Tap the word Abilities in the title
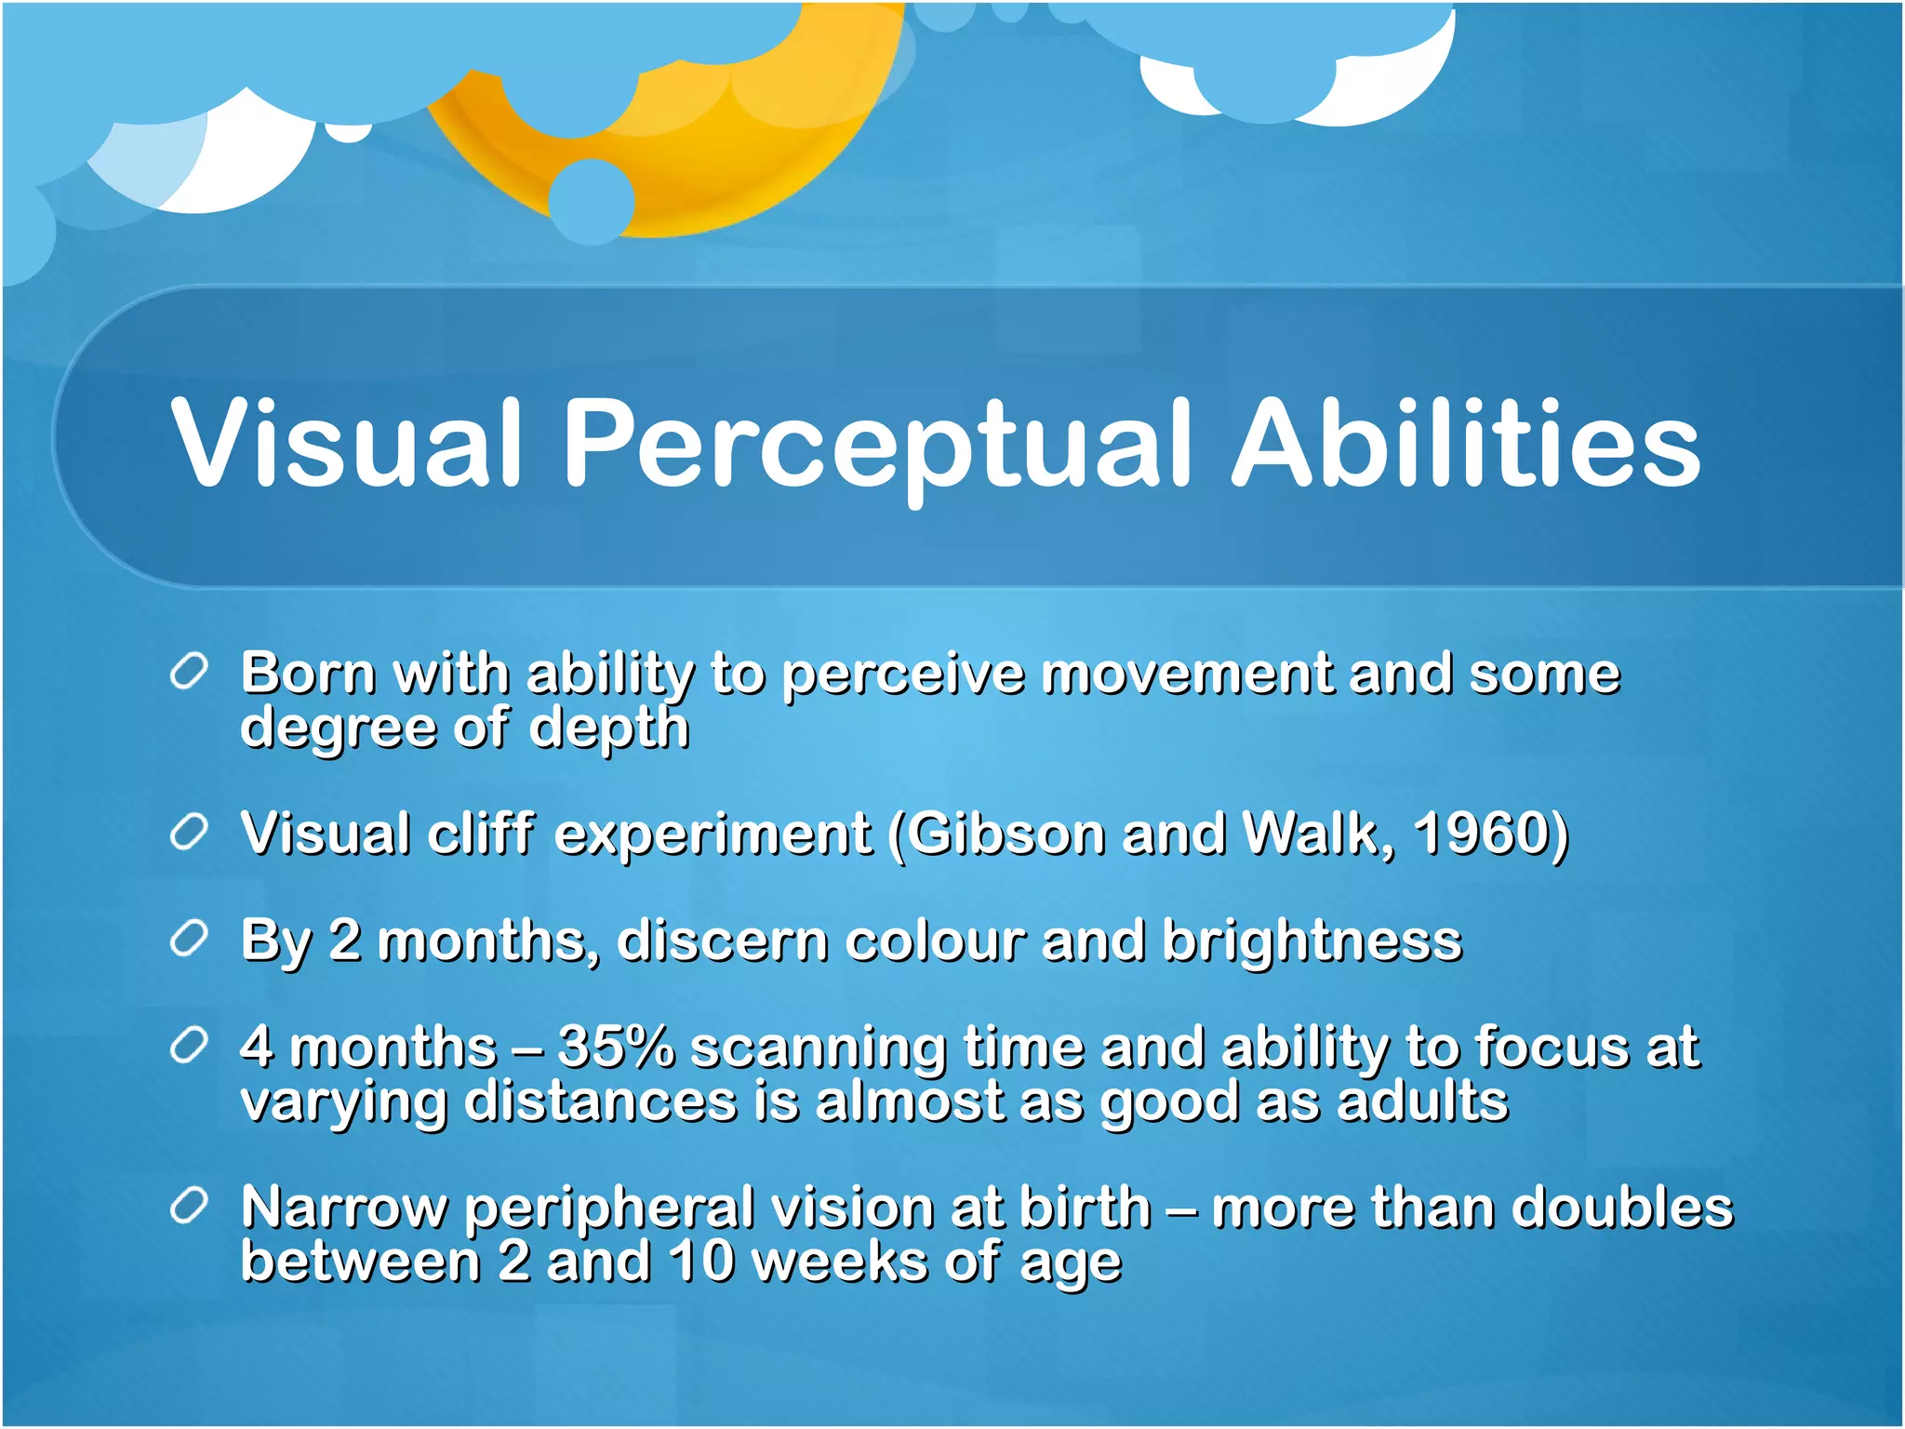[x=1466, y=442]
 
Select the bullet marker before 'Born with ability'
[x=189, y=672]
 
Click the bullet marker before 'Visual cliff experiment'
[x=189, y=832]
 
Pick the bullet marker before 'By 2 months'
[x=189, y=940]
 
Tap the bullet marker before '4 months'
[x=189, y=1047]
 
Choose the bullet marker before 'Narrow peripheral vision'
[x=189, y=1207]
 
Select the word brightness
[x=1312, y=942]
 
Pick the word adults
[x=1422, y=1102]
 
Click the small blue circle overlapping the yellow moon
[x=592, y=201]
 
